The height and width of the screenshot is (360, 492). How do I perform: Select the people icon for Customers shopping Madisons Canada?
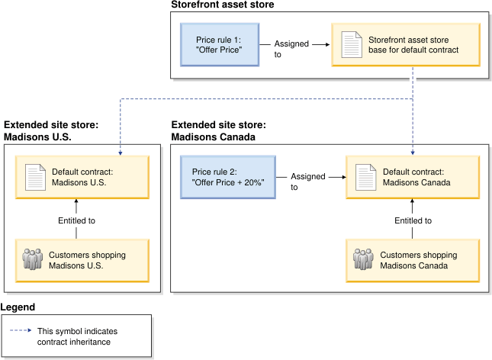[364, 259]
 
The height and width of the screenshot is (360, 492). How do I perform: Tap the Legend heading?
[18, 307]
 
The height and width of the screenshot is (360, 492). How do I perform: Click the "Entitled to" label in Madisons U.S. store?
[76, 220]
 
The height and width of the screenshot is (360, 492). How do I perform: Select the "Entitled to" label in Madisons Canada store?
[413, 220]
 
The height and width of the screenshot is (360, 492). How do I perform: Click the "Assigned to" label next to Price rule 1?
[291, 49]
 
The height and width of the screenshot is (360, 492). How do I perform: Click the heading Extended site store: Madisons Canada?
[219, 130]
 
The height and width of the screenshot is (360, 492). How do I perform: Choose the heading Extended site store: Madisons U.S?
[51, 130]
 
